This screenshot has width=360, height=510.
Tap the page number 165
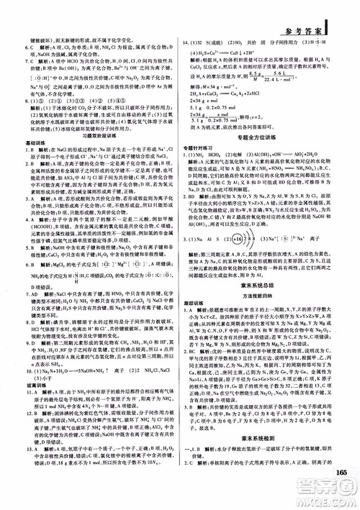(x=341, y=473)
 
